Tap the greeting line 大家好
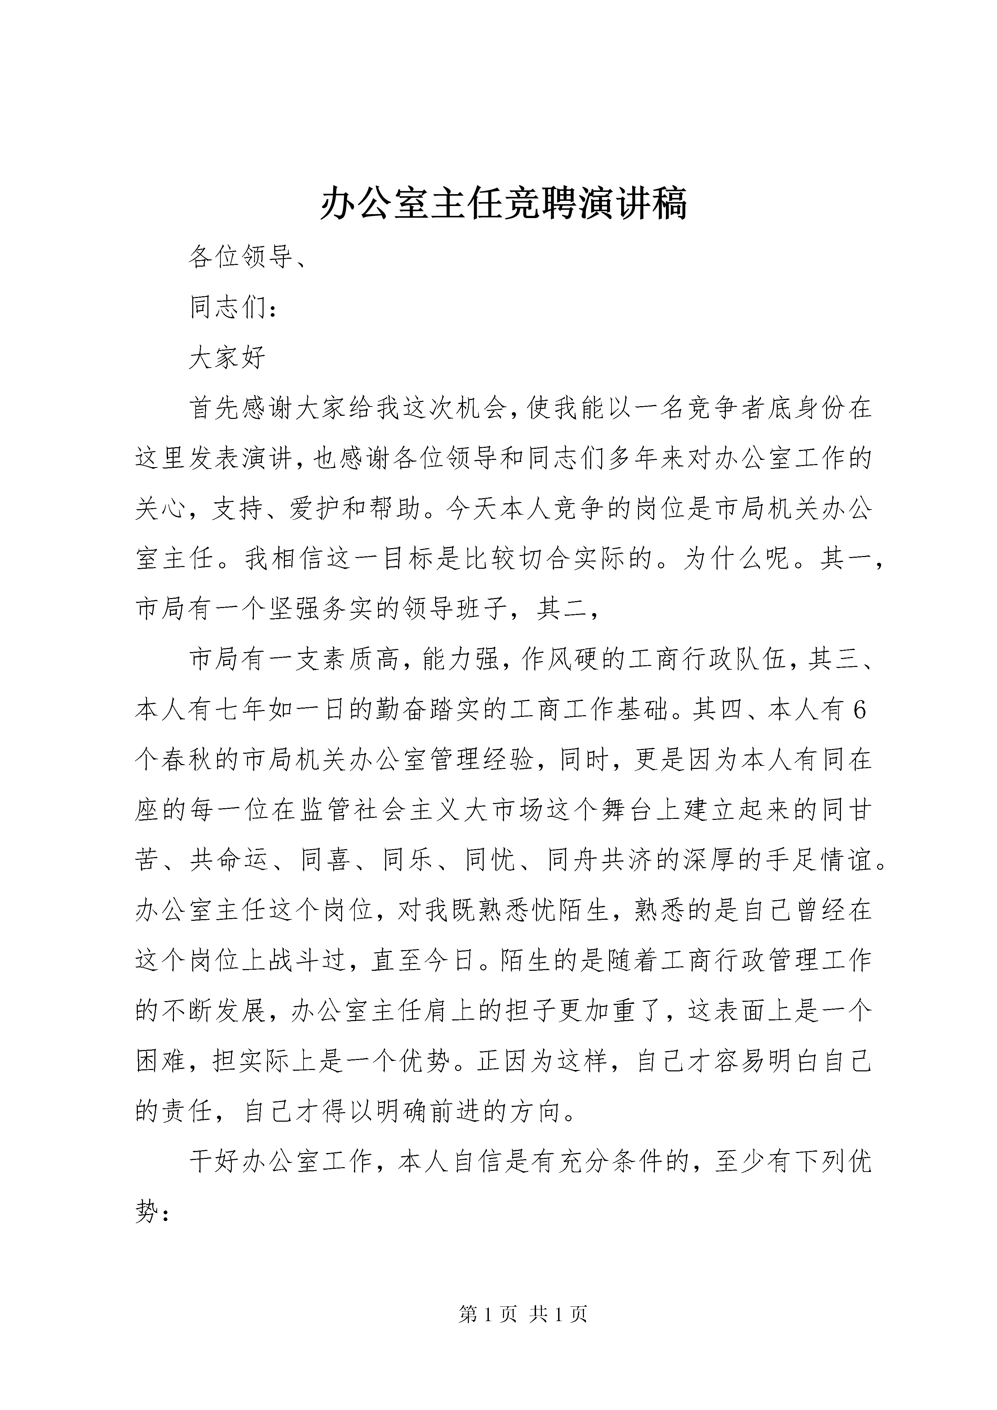click(227, 358)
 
